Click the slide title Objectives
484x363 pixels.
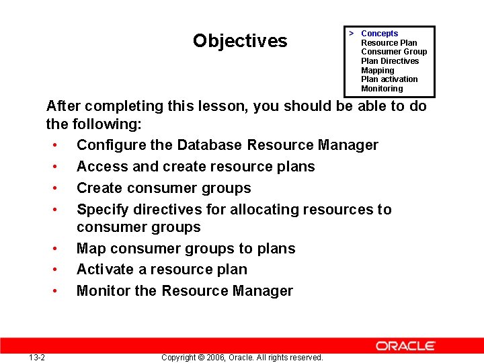tap(239, 41)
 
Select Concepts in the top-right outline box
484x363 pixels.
tap(379, 34)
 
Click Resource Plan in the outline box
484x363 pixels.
tap(389, 43)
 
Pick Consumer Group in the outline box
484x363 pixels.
tap(393, 52)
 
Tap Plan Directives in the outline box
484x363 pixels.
tap(389, 61)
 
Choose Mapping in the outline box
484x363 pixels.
tap(377, 71)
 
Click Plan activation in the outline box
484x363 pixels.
tap(389, 79)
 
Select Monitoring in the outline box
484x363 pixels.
tap(382, 89)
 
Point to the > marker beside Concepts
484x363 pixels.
tap(351, 33)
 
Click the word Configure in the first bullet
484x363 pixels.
tap(107, 145)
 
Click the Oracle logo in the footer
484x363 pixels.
tap(405, 346)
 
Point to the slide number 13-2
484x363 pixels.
tap(37, 357)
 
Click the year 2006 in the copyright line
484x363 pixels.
tap(217, 357)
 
